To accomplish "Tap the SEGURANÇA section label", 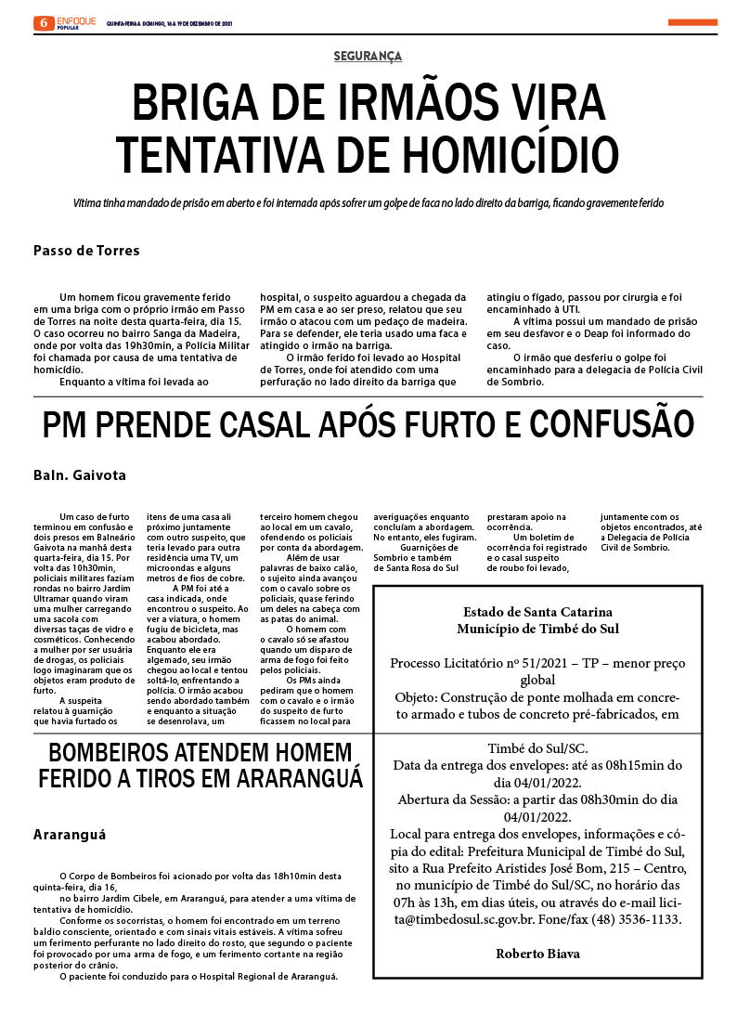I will [x=368, y=57].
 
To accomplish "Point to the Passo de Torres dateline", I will [x=86, y=251].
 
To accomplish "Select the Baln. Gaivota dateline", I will [x=79, y=475].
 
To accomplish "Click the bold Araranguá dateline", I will [x=70, y=834].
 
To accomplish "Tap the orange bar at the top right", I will [x=692, y=22].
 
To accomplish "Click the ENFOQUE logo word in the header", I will [x=76, y=19].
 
